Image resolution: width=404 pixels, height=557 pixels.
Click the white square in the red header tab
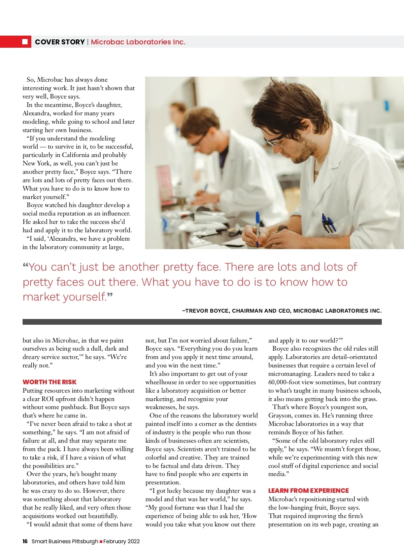click(x=25, y=42)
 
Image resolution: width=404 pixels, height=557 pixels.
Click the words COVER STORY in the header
click(x=60, y=42)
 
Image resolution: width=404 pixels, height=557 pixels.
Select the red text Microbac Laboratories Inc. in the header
click(x=138, y=42)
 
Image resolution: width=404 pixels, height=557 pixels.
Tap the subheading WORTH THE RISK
click(x=49, y=382)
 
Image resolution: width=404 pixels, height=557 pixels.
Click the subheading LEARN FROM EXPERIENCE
click(x=308, y=490)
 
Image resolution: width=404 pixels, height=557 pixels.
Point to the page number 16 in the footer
click(x=25, y=541)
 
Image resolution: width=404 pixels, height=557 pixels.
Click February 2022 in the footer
click(x=122, y=541)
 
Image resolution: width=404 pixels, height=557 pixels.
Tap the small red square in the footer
click(x=101, y=542)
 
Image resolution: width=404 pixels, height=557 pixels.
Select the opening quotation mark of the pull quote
click(x=26, y=266)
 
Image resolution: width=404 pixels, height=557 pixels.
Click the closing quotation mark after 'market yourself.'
click(x=110, y=296)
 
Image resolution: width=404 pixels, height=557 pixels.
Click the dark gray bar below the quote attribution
click(x=202, y=322)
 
